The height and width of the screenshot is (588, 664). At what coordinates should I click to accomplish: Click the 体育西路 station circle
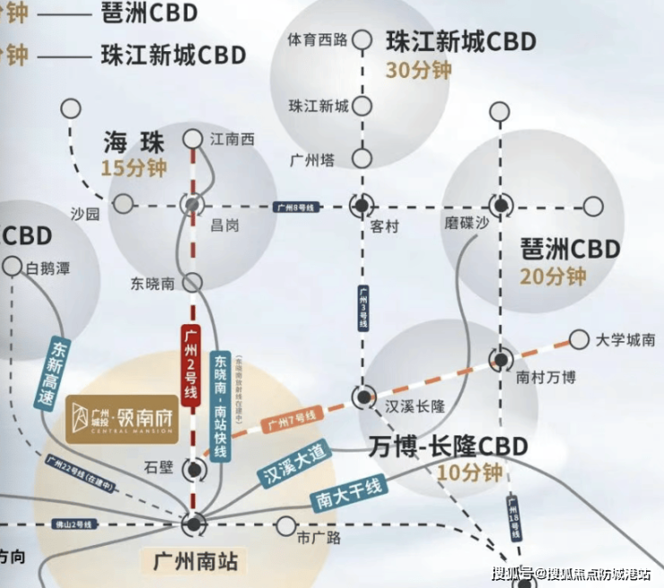[x=363, y=39]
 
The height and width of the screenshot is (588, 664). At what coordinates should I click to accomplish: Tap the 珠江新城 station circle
[x=363, y=106]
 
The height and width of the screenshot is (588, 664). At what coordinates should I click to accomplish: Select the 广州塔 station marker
[x=362, y=159]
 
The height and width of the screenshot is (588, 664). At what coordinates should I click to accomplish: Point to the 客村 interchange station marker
[x=362, y=206]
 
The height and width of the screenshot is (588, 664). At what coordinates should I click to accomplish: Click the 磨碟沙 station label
[x=467, y=224]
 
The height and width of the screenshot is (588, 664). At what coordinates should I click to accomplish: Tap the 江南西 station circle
[x=193, y=139]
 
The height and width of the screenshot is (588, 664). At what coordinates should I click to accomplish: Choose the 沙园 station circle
[x=123, y=205]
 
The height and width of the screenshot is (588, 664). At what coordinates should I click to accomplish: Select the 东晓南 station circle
[x=193, y=283]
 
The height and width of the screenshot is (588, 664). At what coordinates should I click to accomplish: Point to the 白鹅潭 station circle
[x=13, y=267]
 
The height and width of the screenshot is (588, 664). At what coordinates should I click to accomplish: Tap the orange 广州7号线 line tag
[x=290, y=418]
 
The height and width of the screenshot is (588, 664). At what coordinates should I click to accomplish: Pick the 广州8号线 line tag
[x=296, y=206]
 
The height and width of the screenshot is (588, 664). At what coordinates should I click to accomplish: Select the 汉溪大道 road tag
[x=293, y=463]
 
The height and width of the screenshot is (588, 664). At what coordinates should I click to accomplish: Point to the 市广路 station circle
[x=285, y=525]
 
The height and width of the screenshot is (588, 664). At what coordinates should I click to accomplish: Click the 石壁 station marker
[x=193, y=469]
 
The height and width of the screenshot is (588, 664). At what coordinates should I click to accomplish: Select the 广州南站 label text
[x=195, y=563]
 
